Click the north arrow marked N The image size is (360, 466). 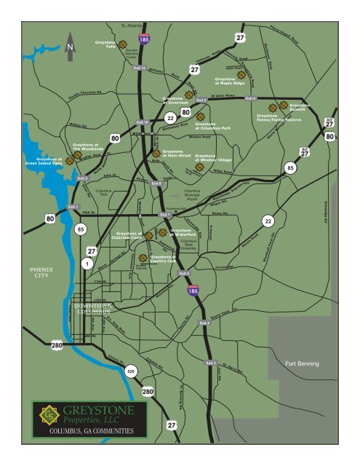coord(70,46)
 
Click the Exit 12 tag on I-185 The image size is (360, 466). coord(140,68)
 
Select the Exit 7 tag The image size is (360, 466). coord(164,215)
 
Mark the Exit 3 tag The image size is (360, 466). coord(211,362)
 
